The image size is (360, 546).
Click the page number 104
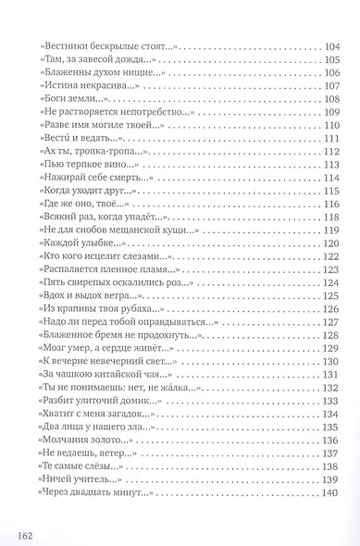pos(330,43)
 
